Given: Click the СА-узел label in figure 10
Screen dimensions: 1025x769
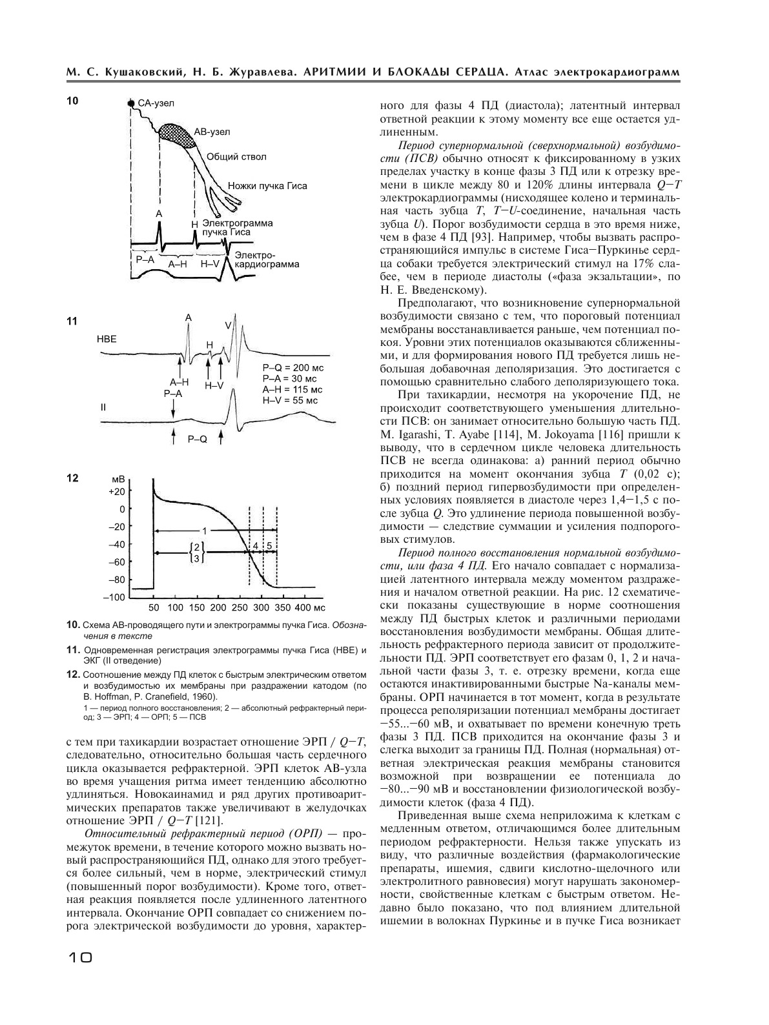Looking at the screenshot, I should coord(156,103).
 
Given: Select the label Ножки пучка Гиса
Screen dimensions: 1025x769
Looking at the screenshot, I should coord(267,186).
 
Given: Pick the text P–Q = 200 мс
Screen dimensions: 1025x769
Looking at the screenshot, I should coord(293,368).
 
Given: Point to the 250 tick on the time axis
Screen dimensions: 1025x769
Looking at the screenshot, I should coord(240,608).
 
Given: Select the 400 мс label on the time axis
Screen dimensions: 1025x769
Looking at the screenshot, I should coord(310,608).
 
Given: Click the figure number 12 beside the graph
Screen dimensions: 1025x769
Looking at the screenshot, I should coord(72,478).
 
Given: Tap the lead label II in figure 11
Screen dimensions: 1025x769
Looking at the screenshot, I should coord(103,408).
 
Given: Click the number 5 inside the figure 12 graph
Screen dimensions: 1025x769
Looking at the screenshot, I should coord(270,545).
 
